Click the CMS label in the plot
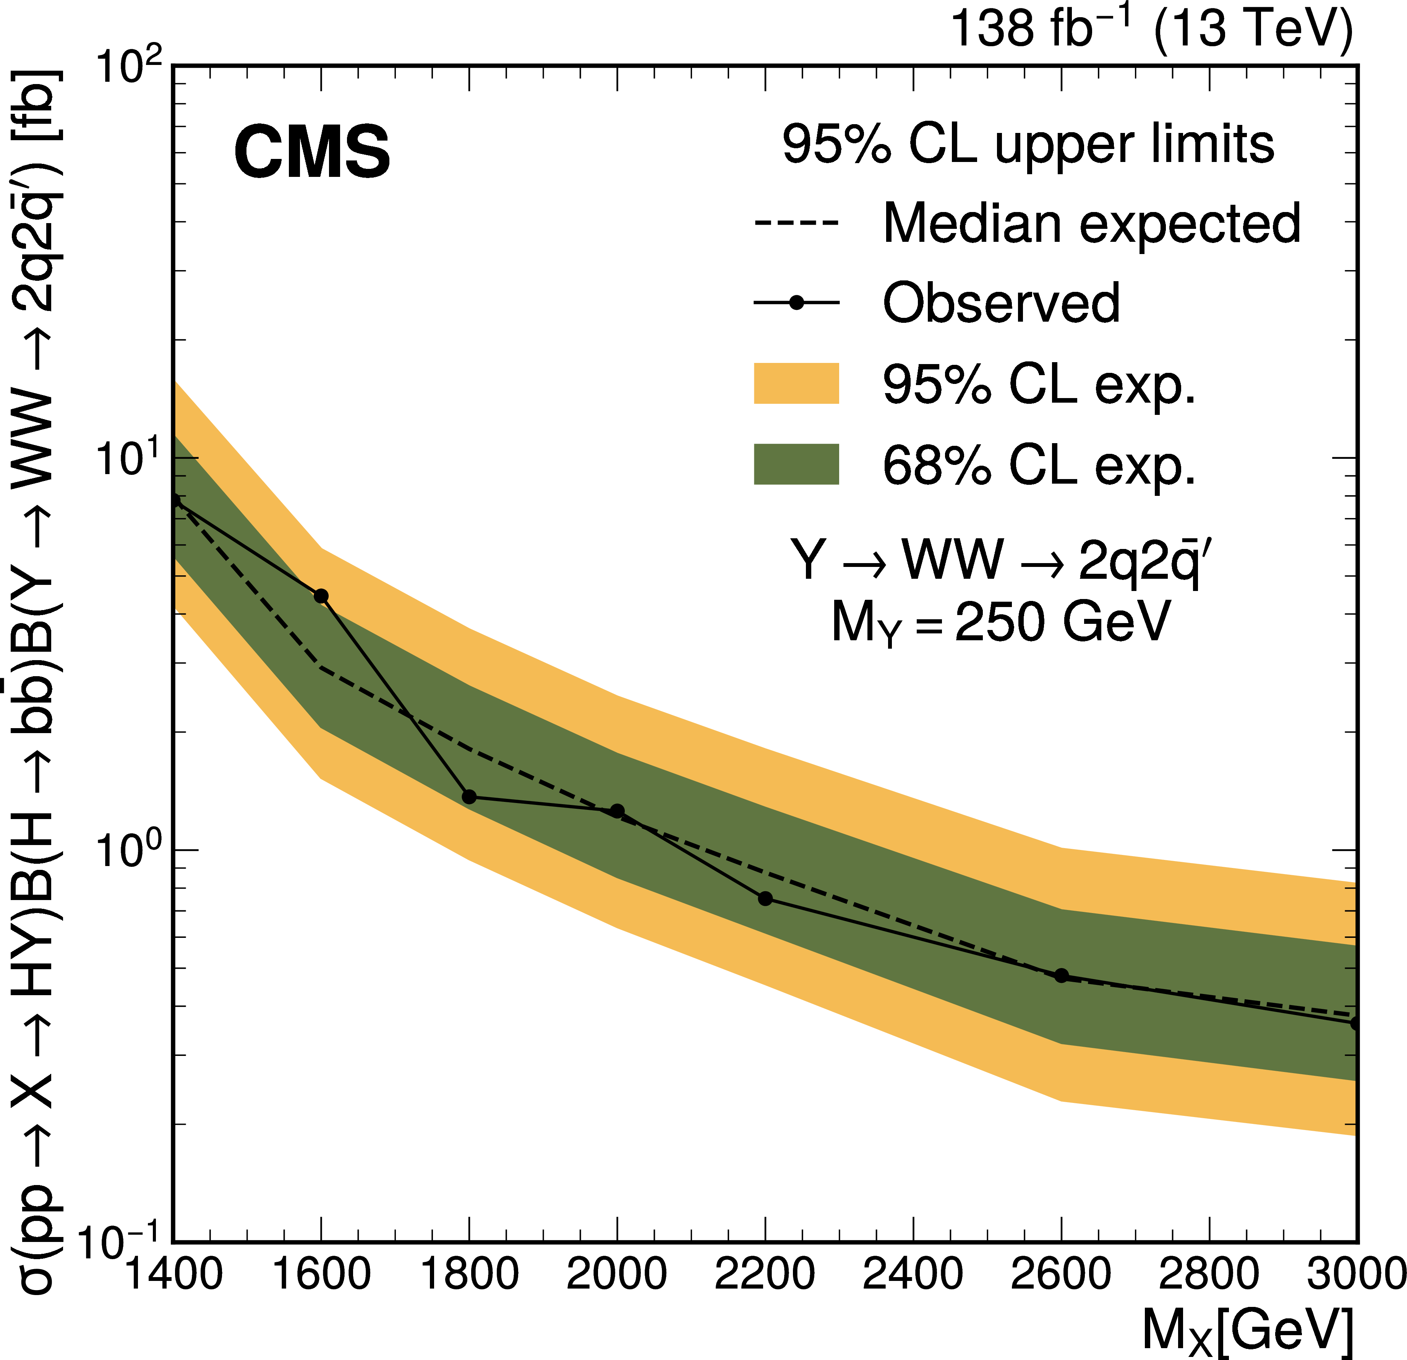(x=312, y=152)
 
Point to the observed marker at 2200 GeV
(x=765, y=899)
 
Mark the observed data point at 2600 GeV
(x=1062, y=975)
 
